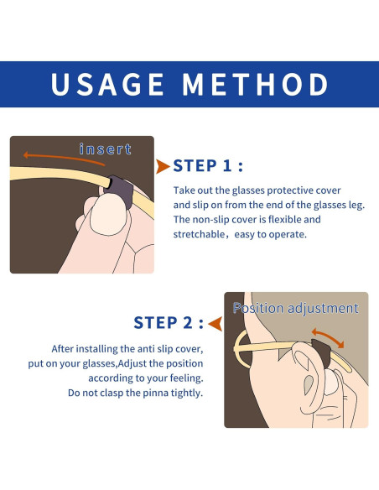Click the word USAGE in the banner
click(107, 84)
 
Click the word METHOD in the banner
click(255, 84)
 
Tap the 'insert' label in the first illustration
click(105, 149)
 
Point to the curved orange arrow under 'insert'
click(64, 158)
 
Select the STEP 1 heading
click(208, 165)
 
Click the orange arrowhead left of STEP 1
click(163, 166)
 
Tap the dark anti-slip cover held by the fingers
click(120, 190)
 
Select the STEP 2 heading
click(169, 322)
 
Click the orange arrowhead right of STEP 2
click(215, 323)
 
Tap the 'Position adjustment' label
click(296, 308)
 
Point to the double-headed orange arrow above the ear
click(328, 337)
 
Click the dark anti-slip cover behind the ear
click(321, 352)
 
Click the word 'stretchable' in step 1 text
click(199, 234)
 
